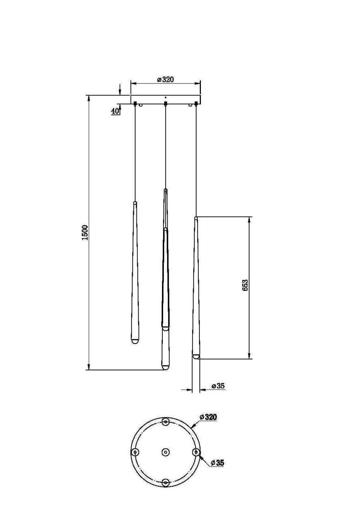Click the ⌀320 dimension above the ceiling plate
166,80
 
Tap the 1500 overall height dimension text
85,233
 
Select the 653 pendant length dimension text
245,285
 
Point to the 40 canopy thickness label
115,111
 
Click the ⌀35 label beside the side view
218,386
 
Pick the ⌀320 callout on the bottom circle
208,417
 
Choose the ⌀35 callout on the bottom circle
217,463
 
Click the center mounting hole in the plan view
166,452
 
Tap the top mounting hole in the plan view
166,422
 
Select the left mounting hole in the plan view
135,452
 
